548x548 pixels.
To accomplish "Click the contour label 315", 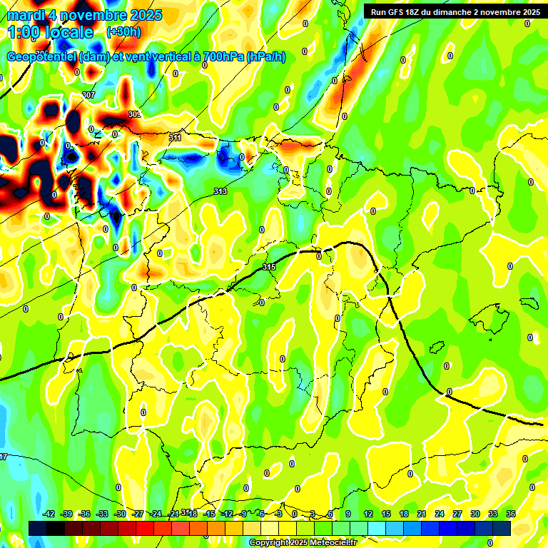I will [269, 267].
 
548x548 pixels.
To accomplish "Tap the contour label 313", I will [220, 191].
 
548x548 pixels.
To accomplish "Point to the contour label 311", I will [175, 137].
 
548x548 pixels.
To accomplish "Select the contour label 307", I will [88, 95].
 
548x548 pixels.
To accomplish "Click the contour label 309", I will [134, 114].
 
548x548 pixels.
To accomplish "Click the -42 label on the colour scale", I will [49, 514].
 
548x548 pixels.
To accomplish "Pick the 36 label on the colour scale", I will [511, 514].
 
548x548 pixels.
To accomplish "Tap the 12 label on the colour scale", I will [367, 514].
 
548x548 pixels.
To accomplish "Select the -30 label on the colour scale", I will [121, 514].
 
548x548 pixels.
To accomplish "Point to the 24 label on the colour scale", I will [439, 514].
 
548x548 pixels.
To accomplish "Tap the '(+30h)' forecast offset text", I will [123, 31].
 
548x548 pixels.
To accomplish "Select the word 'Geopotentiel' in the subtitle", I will [42, 57].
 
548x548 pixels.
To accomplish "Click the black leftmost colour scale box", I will [38, 528].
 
